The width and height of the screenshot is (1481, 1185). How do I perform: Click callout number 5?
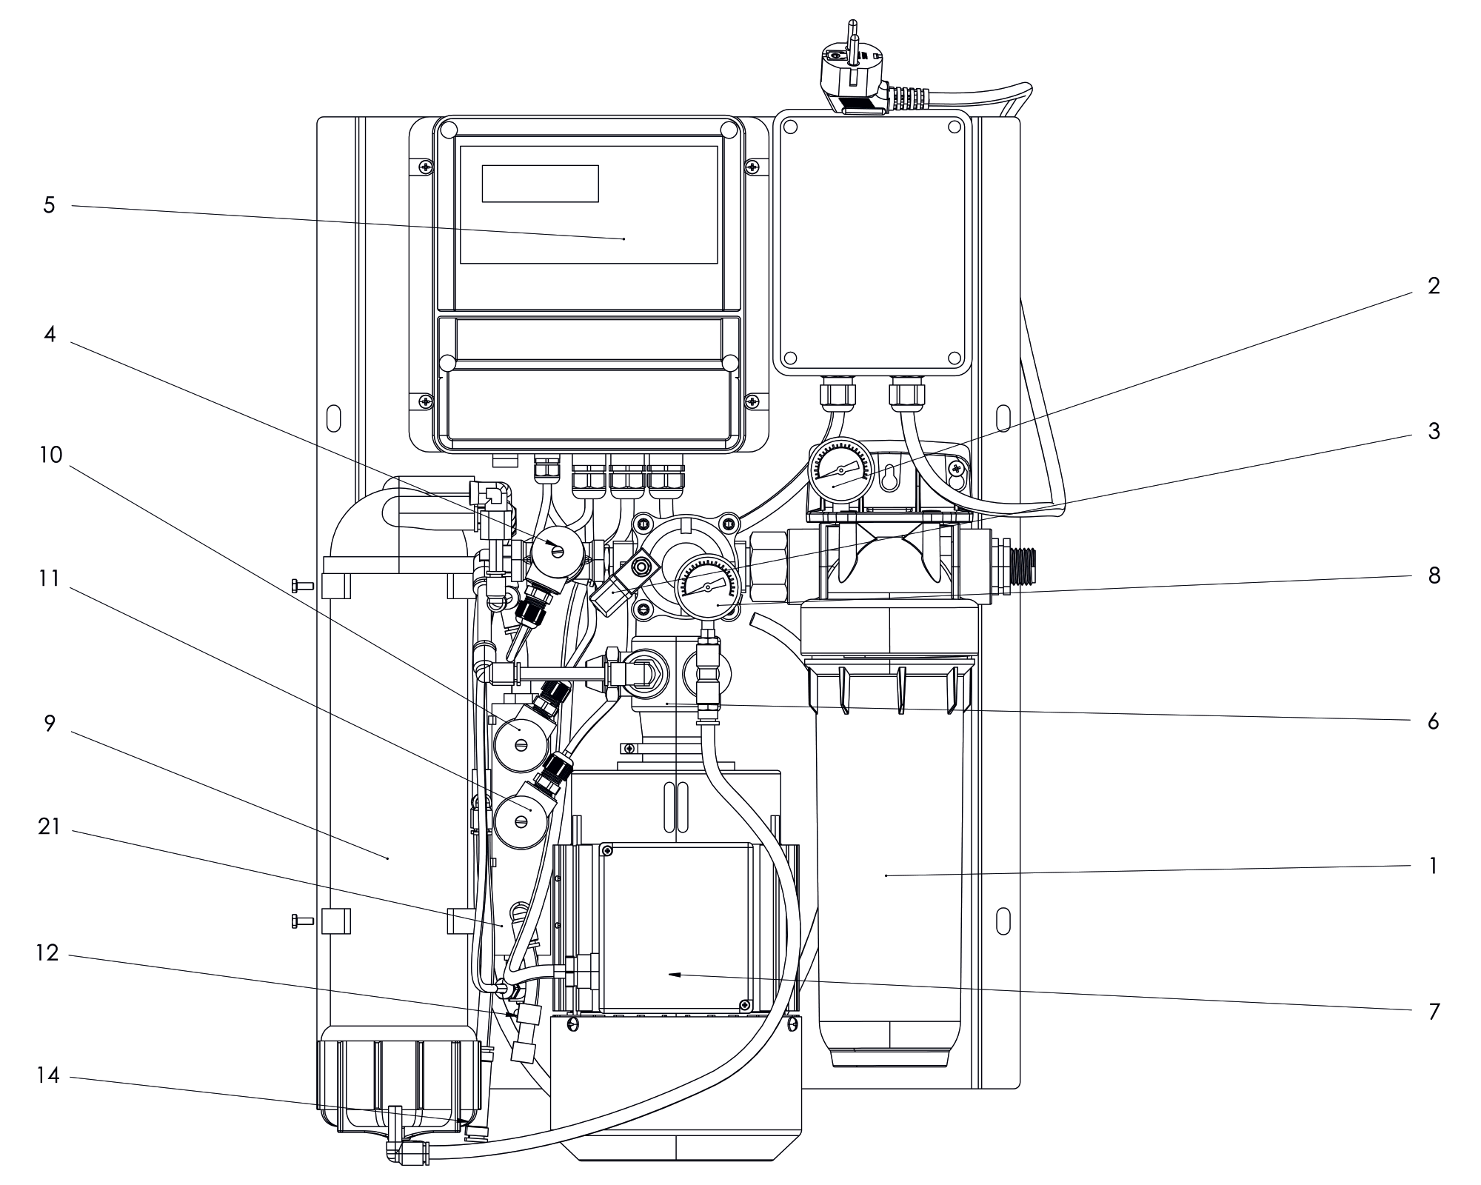pos(49,205)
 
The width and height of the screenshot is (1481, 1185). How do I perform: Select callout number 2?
pos(1434,286)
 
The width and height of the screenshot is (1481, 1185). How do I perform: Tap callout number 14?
pos(48,1075)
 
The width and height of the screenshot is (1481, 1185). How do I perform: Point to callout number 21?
pos(49,827)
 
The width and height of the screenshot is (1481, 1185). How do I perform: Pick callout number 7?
pos(1434,1011)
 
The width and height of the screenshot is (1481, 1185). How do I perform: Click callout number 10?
pos(50,454)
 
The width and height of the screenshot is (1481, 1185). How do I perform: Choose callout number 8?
pos(1434,575)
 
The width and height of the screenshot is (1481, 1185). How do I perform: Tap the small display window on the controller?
pos(540,184)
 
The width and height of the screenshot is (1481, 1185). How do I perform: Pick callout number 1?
pos(1434,865)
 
